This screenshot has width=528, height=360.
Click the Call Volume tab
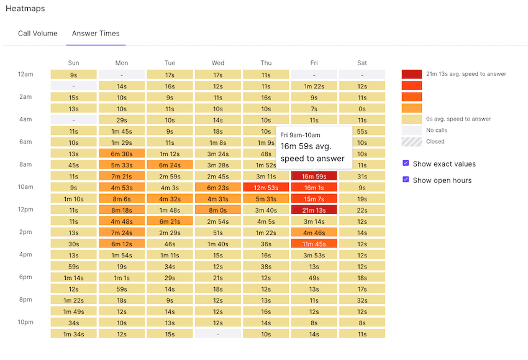point(38,34)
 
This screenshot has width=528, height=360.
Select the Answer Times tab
point(96,34)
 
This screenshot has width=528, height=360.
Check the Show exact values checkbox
point(406,164)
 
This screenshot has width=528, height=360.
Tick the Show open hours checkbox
point(406,180)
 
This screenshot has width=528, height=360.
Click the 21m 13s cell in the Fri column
point(314,210)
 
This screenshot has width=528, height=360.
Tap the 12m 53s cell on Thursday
point(266,188)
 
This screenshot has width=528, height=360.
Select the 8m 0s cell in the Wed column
point(217,210)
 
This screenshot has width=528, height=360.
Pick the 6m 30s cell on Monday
point(122,154)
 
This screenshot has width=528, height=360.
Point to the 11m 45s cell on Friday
point(314,244)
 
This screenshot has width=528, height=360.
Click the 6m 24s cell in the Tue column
point(170,165)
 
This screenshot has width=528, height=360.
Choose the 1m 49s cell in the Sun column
point(73,312)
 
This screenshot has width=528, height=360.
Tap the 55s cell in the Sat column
point(362,131)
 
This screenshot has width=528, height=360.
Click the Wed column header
point(217,63)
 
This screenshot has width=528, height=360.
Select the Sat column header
point(362,63)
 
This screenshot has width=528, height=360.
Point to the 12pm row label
point(25,210)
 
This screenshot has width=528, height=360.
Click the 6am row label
point(25,142)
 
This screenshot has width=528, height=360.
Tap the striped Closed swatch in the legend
point(411,141)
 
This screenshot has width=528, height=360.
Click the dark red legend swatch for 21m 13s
point(411,74)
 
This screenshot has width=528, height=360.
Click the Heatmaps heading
point(25,9)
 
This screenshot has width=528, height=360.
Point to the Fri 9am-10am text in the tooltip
point(300,135)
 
